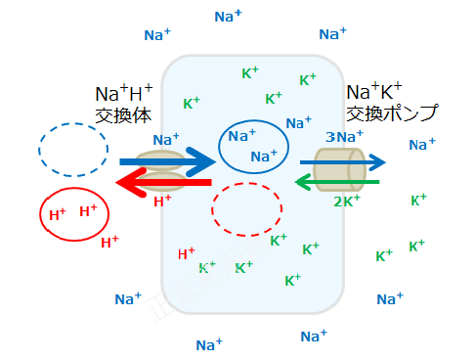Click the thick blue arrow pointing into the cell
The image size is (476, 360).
(x=166, y=160)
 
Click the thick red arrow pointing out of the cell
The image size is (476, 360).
(x=161, y=183)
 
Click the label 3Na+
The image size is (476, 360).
(x=344, y=137)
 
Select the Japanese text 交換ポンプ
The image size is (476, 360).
(x=391, y=113)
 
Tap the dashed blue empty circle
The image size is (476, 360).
(x=73, y=148)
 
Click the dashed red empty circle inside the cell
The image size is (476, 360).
(x=246, y=208)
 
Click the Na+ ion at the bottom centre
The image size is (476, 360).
(x=209, y=344)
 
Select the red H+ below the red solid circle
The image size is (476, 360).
(x=109, y=242)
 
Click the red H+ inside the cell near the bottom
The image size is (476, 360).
(x=186, y=254)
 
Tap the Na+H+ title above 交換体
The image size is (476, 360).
(x=124, y=94)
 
